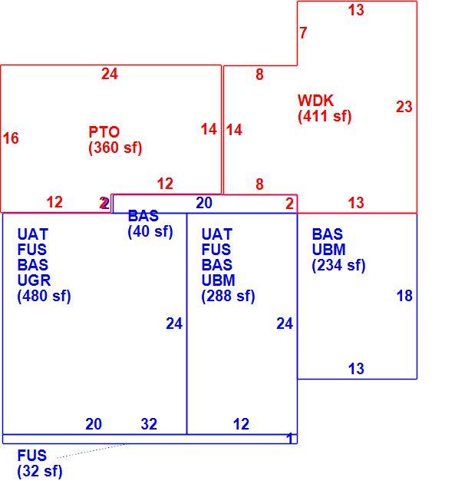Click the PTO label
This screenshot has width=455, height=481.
104,132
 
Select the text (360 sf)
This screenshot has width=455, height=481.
115,148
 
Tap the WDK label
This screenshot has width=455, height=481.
315,101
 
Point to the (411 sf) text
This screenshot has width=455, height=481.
325,116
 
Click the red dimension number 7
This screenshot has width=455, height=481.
303,33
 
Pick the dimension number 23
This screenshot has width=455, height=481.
404,107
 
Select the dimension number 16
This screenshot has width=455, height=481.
11,138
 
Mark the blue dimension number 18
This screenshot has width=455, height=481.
404,296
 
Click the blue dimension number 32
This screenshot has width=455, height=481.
149,424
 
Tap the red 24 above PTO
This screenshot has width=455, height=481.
110,74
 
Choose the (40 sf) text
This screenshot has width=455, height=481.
150,231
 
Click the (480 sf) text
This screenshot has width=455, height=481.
45,296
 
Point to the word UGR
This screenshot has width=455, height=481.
34,280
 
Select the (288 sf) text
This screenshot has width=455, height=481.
228,296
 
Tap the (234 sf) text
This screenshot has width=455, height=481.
338,265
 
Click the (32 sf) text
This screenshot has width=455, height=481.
40,471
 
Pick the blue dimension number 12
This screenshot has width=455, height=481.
241,424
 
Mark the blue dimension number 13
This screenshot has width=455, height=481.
356,369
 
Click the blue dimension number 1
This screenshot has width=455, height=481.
290,439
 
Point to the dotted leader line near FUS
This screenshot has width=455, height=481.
91,451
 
